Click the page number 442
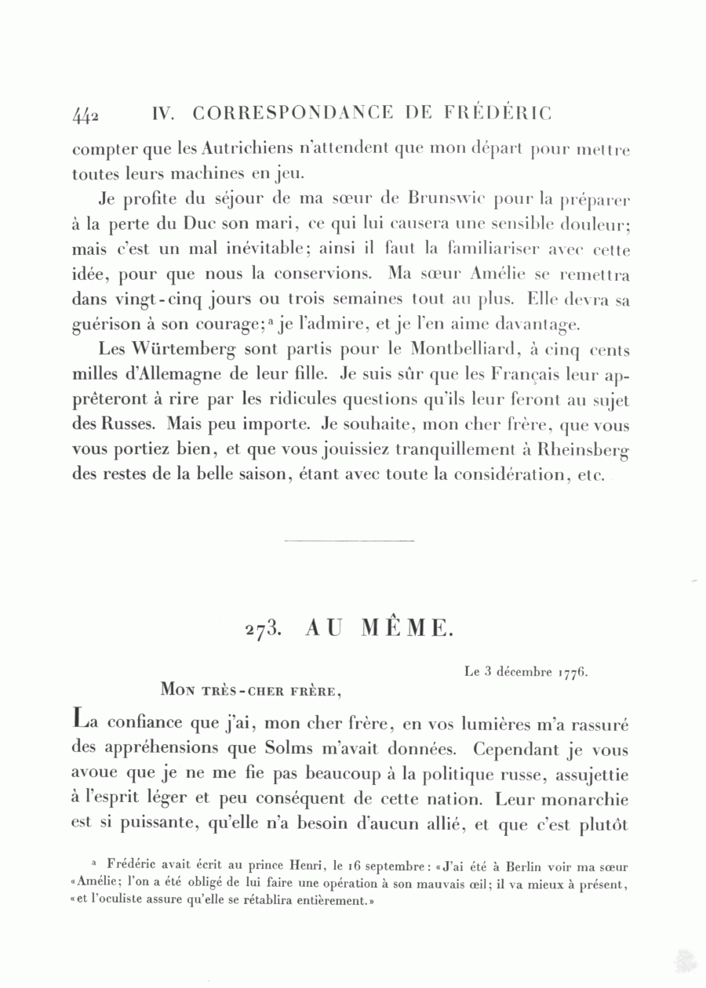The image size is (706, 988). pyautogui.click(x=86, y=115)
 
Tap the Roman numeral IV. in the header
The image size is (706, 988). pyautogui.click(x=162, y=113)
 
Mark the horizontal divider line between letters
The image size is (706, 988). pyautogui.click(x=348, y=540)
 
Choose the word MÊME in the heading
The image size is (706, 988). pyautogui.click(x=407, y=627)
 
